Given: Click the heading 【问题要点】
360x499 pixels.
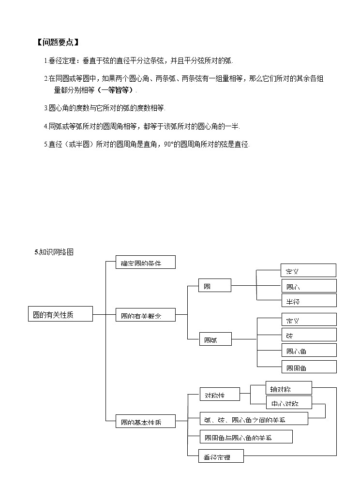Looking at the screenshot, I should [58, 42].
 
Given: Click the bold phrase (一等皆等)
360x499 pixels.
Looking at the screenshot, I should [116, 90].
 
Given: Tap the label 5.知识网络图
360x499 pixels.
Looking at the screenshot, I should [54, 252].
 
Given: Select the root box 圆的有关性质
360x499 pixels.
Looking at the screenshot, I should [60, 314].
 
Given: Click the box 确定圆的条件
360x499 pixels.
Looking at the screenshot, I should [145, 263].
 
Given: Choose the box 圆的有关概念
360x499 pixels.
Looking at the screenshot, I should [145, 315].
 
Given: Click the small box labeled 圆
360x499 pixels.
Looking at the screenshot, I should [215, 286].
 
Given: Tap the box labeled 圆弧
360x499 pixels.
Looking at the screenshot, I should [215, 340].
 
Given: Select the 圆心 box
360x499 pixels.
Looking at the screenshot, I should [308, 286].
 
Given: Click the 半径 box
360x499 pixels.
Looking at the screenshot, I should [308, 301].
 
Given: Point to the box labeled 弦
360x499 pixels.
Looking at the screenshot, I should [308, 335].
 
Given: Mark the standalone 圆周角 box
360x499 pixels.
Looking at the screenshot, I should [308, 367].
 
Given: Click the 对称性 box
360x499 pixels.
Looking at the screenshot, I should [219, 395].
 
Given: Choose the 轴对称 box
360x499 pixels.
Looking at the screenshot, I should [288, 388].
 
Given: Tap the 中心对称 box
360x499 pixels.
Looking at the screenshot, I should [288, 402].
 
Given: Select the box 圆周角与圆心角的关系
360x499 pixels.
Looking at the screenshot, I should [246, 437].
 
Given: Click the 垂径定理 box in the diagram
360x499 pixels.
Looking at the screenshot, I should [221, 456].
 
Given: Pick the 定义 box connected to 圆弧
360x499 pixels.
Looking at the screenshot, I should [308, 320].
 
